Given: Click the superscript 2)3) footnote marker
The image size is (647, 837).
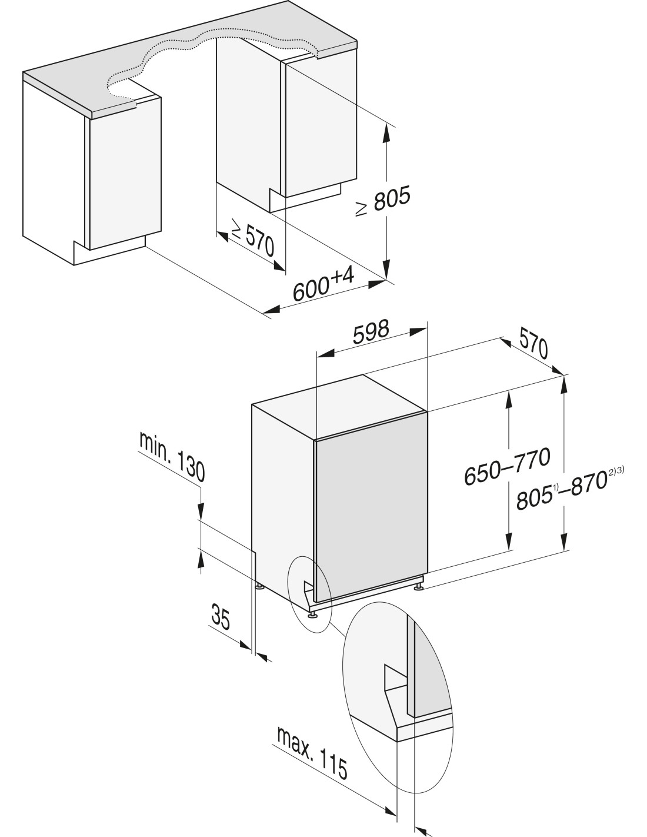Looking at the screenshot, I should point(617,470).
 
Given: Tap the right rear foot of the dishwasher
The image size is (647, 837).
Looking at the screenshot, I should point(419,586).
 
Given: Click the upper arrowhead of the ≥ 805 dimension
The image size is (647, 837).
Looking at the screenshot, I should point(386,133).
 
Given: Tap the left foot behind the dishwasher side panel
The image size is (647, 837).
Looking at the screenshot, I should point(259,586).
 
